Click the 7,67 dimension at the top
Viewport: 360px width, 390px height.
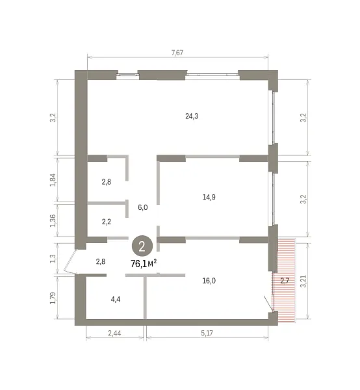point(177,53)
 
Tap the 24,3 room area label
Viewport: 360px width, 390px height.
point(192,116)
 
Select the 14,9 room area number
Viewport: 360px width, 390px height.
point(209,197)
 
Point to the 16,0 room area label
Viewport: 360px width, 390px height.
point(209,281)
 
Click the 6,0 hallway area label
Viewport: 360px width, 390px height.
point(143,207)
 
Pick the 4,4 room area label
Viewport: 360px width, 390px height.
point(116,299)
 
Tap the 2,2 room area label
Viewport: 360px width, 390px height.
point(107,222)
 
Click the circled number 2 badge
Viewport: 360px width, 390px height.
point(142,247)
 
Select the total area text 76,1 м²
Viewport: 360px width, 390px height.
point(144,264)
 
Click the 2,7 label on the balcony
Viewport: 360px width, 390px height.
point(285,281)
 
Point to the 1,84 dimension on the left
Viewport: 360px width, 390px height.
point(53,180)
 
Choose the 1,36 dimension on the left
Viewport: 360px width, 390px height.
point(53,220)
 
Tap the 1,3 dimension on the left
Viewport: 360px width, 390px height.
point(53,259)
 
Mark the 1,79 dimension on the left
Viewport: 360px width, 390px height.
point(53,298)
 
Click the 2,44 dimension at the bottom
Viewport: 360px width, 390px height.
point(114,333)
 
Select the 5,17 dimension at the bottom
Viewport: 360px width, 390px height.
point(207,333)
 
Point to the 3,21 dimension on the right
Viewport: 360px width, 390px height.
point(303,281)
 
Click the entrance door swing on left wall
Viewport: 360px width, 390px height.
point(70,261)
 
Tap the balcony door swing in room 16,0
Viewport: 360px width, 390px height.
point(269,304)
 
